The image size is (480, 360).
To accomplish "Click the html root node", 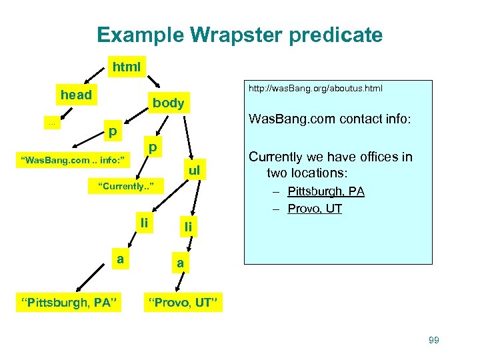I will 127,67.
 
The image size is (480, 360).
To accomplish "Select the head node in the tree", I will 76,95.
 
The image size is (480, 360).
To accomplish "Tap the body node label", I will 168,103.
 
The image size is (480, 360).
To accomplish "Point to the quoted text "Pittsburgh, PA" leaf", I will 70,304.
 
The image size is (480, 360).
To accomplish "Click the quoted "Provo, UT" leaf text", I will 183,304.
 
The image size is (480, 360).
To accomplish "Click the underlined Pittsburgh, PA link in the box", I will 326,192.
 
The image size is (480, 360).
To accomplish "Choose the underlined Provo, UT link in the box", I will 315,209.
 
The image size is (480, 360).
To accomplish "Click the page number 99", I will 433,341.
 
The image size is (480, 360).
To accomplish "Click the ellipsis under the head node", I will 51,123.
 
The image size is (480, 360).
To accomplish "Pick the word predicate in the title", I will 335,35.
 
